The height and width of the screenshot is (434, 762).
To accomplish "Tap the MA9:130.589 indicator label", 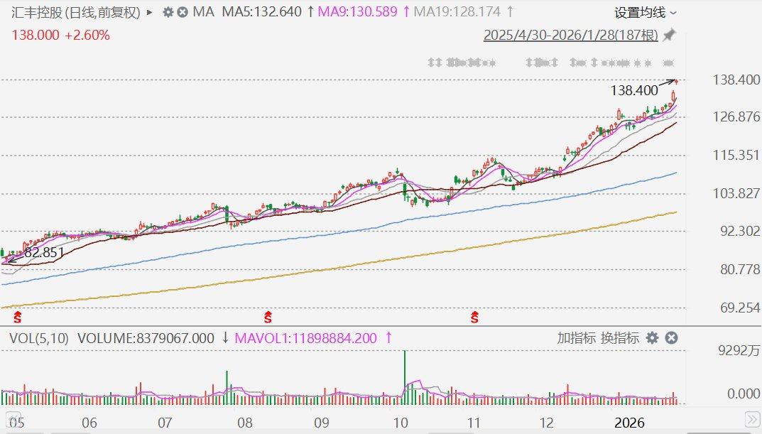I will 358,12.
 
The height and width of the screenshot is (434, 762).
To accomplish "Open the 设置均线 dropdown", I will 645,12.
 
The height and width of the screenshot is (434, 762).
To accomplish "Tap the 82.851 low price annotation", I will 44,251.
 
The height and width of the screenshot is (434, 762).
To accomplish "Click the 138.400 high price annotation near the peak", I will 634,91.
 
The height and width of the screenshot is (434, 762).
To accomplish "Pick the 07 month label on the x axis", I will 165,423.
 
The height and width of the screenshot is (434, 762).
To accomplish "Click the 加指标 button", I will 576,338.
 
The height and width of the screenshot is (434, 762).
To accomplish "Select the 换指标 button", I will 620,338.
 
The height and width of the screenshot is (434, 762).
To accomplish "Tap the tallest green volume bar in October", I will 404,376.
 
